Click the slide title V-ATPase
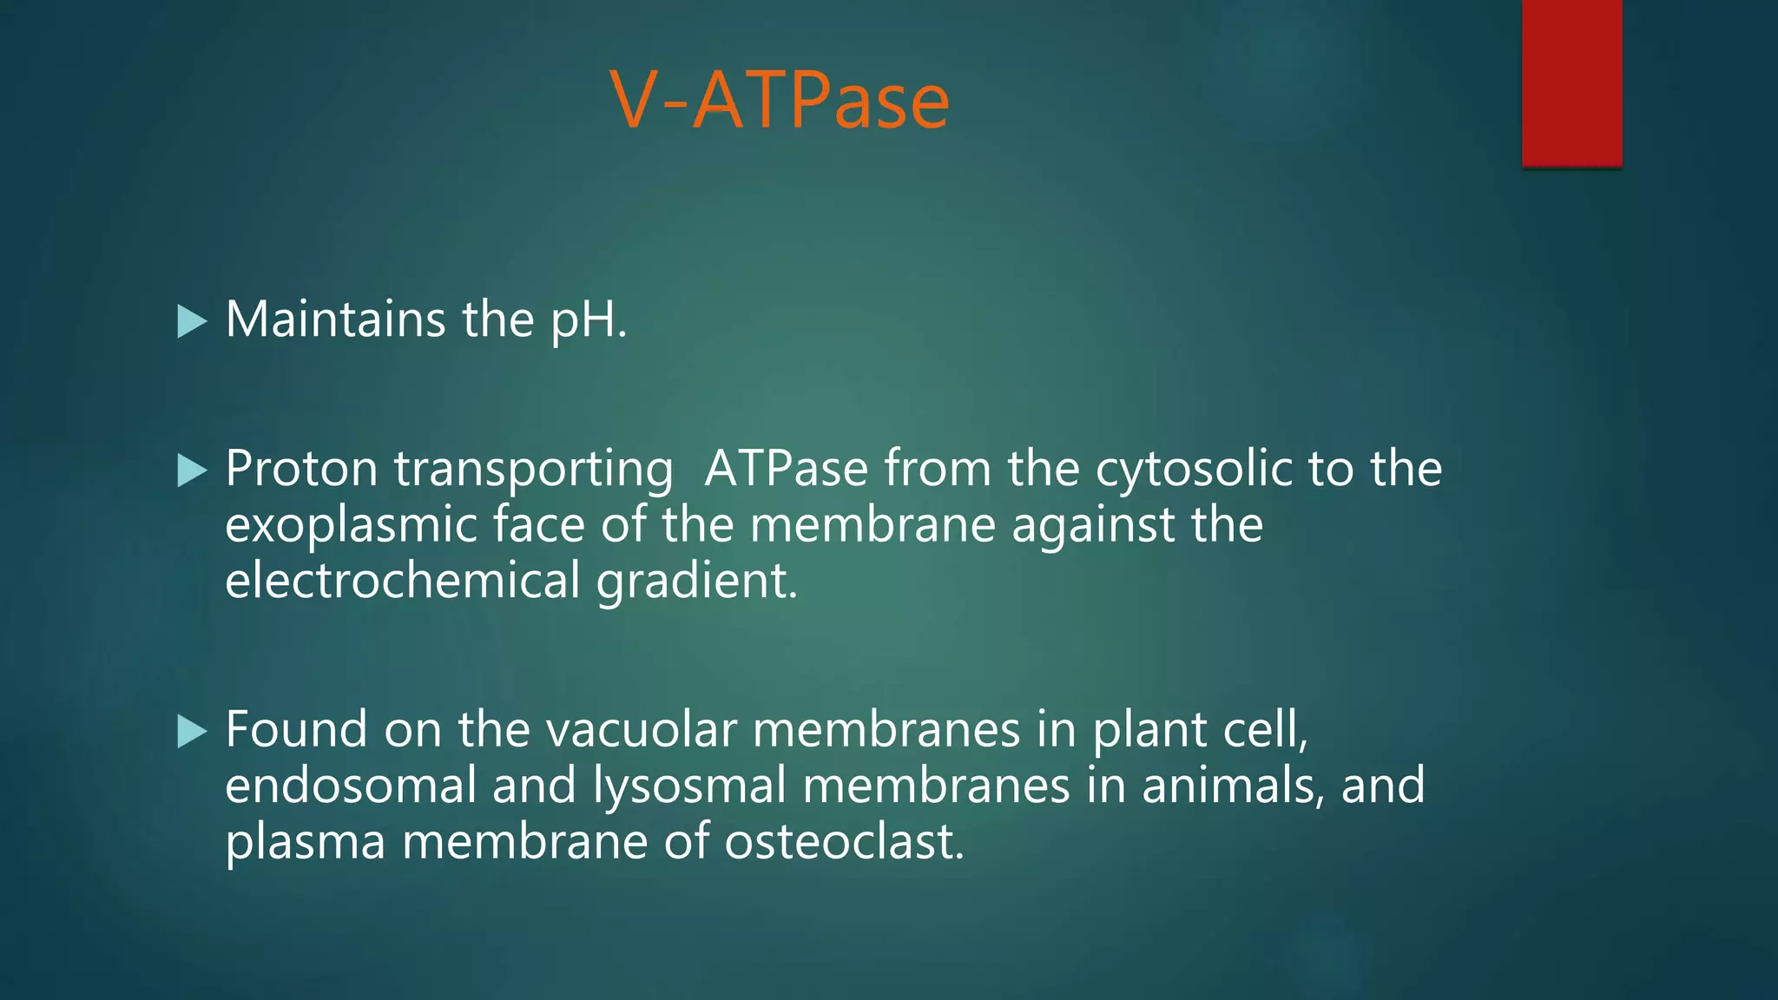[x=780, y=101]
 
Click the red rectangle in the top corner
[x=1571, y=82]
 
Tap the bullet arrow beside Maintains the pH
[x=192, y=321]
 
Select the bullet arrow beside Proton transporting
[x=192, y=470]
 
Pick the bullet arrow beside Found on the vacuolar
[x=192, y=731]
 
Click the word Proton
[x=301, y=469]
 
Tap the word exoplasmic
[x=350, y=526]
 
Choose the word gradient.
[x=696, y=582]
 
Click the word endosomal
[x=350, y=785]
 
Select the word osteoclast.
[x=844, y=841]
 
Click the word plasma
[x=305, y=843]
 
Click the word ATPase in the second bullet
[x=786, y=469]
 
